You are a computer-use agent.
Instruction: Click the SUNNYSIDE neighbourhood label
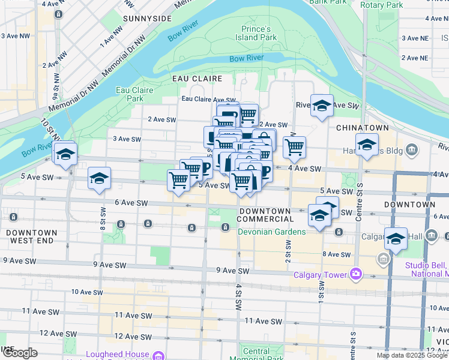click(x=146, y=19)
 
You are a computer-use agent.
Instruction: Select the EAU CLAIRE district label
click(x=197, y=79)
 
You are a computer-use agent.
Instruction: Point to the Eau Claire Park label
click(x=135, y=94)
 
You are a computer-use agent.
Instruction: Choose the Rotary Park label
click(x=382, y=5)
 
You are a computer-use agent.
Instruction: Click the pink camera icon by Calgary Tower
click(x=357, y=274)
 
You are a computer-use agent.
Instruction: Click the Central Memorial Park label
click(x=257, y=355)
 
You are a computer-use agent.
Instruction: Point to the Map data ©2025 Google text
click(x=412, y=355)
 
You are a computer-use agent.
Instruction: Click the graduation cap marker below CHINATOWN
click(x=367, y=145)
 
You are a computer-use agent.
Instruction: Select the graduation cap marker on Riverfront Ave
click(x=322, y=106)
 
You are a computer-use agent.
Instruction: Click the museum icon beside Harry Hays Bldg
click(x=412, y=149)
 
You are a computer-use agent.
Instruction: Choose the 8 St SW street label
click(x=103, y=218)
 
